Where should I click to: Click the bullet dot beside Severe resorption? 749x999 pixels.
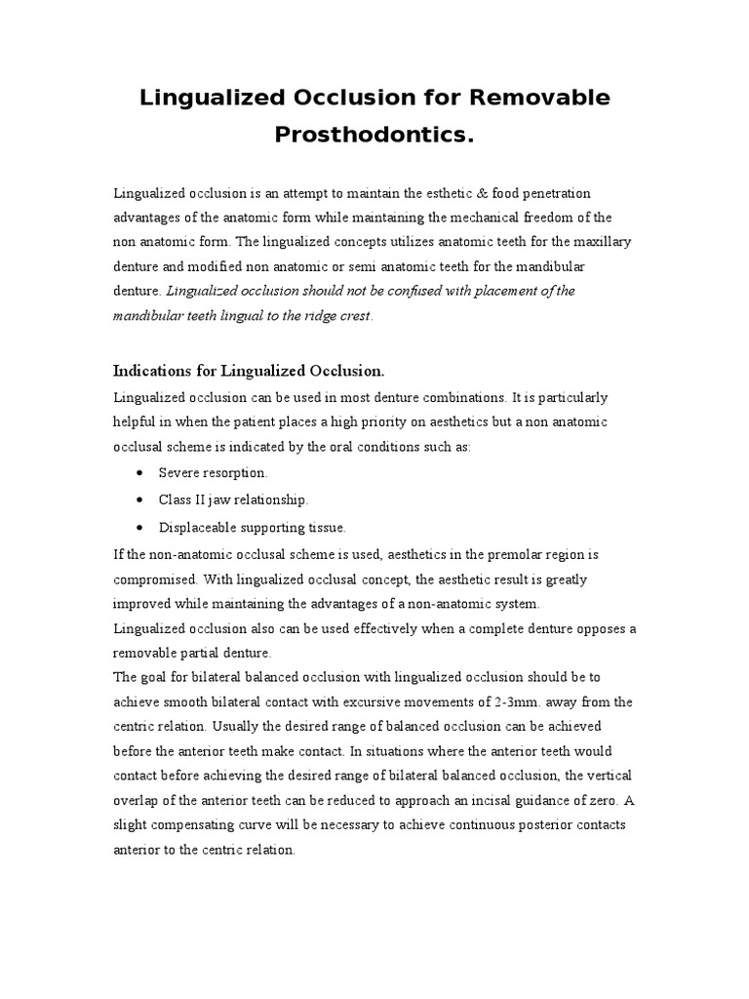pyautogui.click(x=142, y=473)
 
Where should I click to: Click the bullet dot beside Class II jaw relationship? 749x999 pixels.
pyautogui.click(x=142, y=499)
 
